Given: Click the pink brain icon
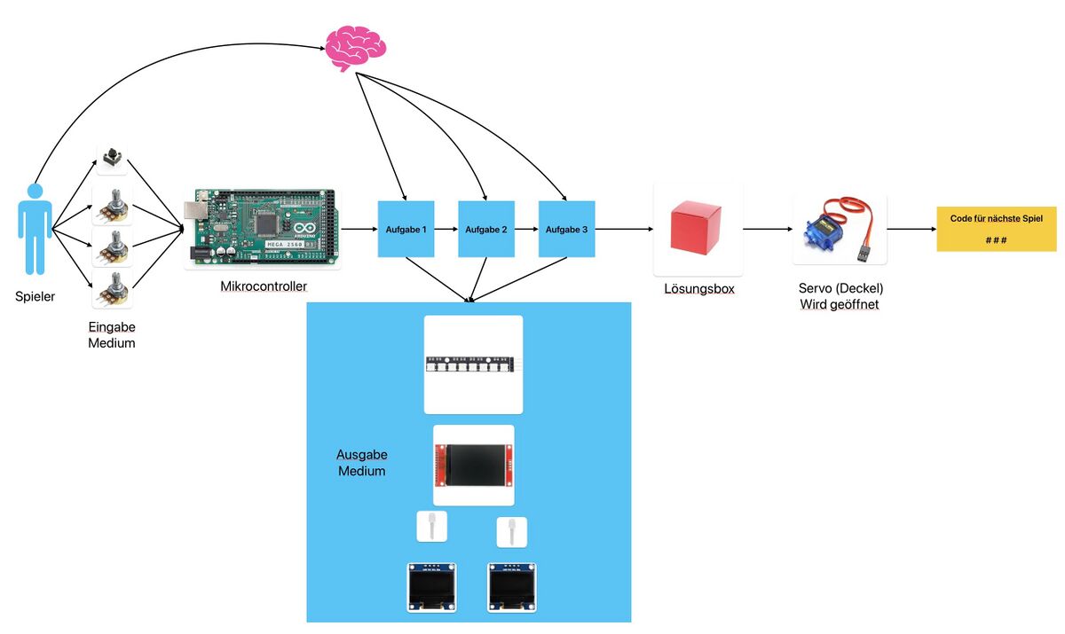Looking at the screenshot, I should pos(355,49).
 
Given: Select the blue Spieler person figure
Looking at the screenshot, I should pos(35,229).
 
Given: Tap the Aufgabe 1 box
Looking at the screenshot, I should pos(406,230).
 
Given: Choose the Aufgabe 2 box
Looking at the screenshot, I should pos(486,230).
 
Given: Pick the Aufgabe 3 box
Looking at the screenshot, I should pos(567,230).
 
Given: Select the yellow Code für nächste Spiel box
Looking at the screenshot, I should pos(997,230).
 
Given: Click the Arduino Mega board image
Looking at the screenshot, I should pos(263,229).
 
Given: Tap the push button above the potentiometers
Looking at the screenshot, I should pos(112,159).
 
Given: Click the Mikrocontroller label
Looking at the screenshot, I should pos(264,286).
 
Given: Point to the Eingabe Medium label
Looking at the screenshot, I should pos(112,334).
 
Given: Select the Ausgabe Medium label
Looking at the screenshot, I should pos(361,462).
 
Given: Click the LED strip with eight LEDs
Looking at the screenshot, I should pos(473,364).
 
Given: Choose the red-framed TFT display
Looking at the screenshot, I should pos(473,465).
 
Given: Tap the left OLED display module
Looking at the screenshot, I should pos(431,586).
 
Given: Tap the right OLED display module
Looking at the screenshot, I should pos(513,586).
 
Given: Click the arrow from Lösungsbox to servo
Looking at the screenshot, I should pos(767,230).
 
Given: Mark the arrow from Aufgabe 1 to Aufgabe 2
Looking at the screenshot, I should pos(446,230).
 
